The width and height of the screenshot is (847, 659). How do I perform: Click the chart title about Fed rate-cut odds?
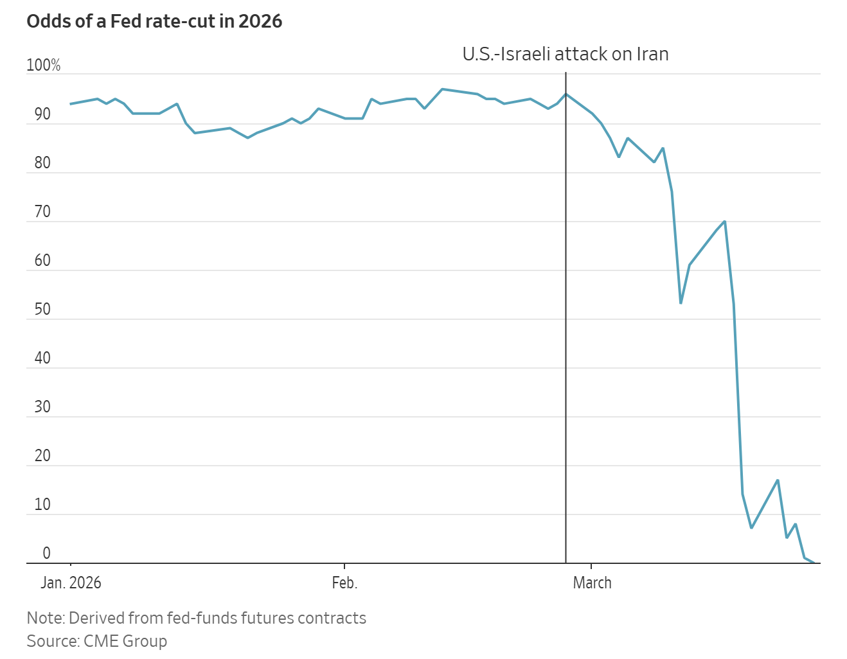tap(154, 21)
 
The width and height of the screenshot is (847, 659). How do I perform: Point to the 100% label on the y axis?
tap(44, 66)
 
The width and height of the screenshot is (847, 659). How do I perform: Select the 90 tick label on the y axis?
tap(42, 114)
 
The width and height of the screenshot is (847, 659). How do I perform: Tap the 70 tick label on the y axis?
tap(42, 212)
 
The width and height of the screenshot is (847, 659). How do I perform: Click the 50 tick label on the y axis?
tap(42, 310)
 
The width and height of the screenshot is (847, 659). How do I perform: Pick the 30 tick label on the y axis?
tap(42, 407)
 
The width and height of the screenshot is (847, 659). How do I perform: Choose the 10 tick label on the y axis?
tap(42, 505)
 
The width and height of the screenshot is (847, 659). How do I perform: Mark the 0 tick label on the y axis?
tap(46, 554)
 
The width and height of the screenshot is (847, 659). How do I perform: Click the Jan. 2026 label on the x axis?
tap(71, 583)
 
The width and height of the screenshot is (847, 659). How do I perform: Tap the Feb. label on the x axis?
tap(344, 583)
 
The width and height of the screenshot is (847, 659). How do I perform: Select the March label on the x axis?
tap(592, 583)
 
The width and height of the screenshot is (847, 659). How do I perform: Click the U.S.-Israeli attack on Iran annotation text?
tap(566, 54)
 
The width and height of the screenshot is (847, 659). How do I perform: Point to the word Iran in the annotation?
tap(652, 54)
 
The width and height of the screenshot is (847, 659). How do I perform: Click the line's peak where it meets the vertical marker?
tap(566, 94)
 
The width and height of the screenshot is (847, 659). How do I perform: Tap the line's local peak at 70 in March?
tap(725, 222)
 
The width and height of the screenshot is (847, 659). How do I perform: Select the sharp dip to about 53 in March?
tap(681, 303)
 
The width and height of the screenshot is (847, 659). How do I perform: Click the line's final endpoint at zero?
tap(814, 563)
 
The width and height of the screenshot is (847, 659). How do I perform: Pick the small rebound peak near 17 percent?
tap(778, 480)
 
